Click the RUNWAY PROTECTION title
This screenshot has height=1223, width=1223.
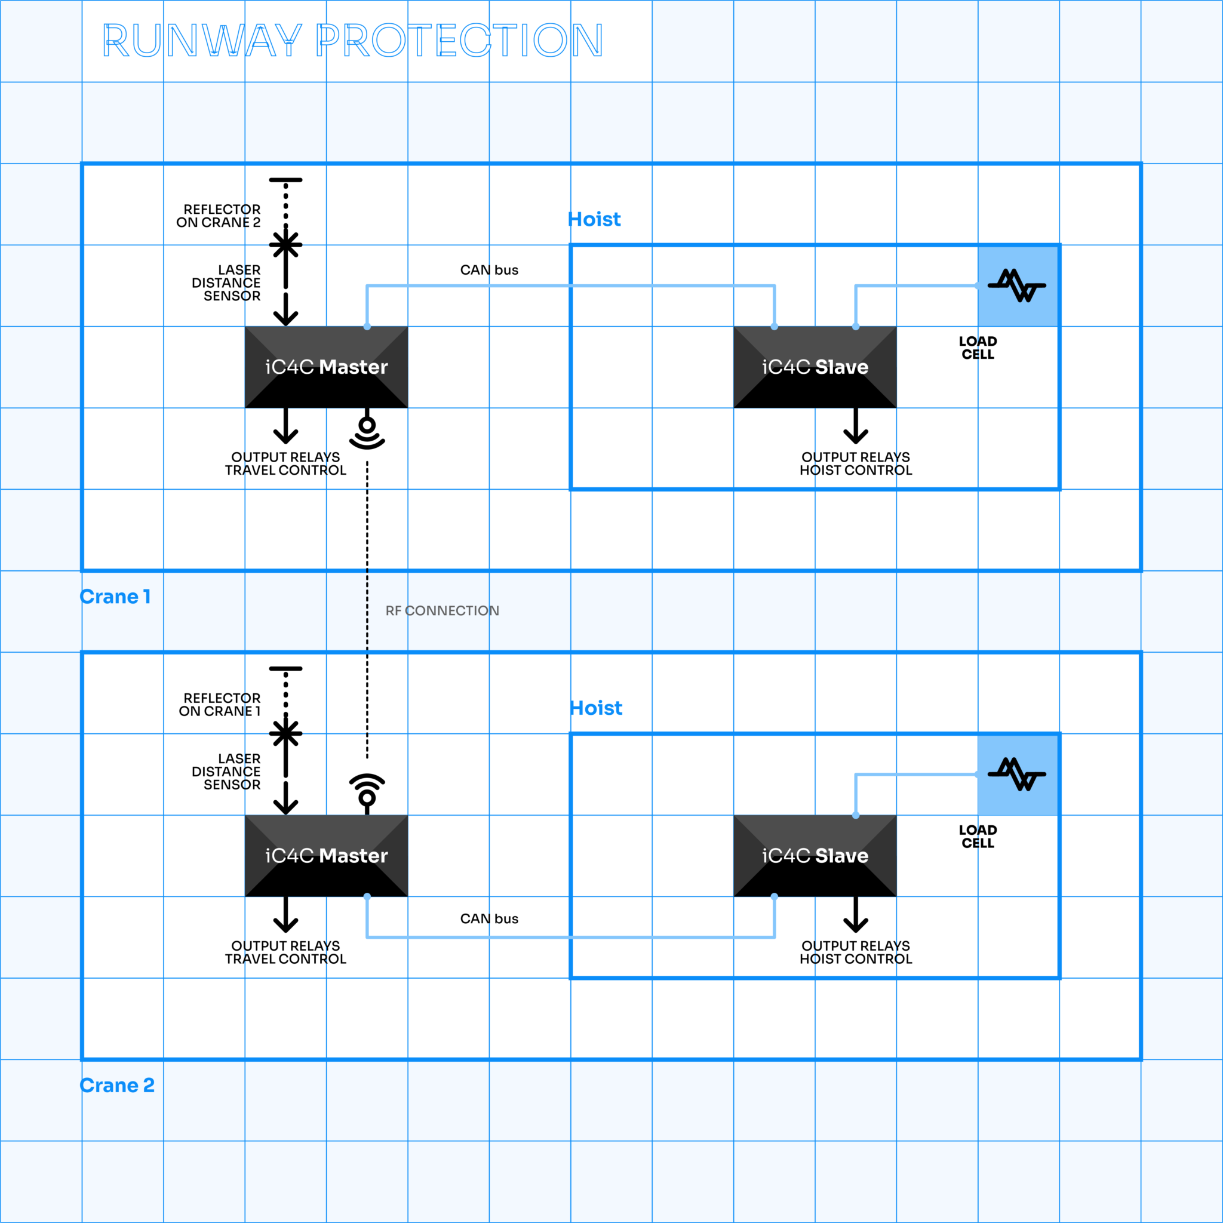tap(352, 41)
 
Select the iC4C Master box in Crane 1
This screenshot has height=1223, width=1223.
tap(326, 367)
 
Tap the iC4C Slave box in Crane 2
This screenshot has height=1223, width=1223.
tap(815, 856)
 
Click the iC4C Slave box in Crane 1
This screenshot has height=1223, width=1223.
tap(815, 367)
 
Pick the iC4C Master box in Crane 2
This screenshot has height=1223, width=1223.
tap(326, 856)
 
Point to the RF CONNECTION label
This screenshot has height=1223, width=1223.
tap(442, 611)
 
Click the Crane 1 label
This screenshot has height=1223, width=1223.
tap(115, 597)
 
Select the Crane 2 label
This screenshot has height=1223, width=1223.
tap(117, 1085)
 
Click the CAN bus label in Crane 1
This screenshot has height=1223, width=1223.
tap(488, 271)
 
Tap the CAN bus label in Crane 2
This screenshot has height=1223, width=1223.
tap(488, 918)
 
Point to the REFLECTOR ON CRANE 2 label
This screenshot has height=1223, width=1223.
tap(219, 216)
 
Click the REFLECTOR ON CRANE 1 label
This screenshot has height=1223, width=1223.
tap(220, 705)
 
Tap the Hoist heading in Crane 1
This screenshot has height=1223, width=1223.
tap(594, 220)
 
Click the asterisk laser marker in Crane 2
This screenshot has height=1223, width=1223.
tap(285, 734)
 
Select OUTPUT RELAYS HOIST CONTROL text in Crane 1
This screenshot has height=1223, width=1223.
tap(855, 463)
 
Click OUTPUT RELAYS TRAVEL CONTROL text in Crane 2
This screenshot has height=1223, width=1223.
tap(285, 952)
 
